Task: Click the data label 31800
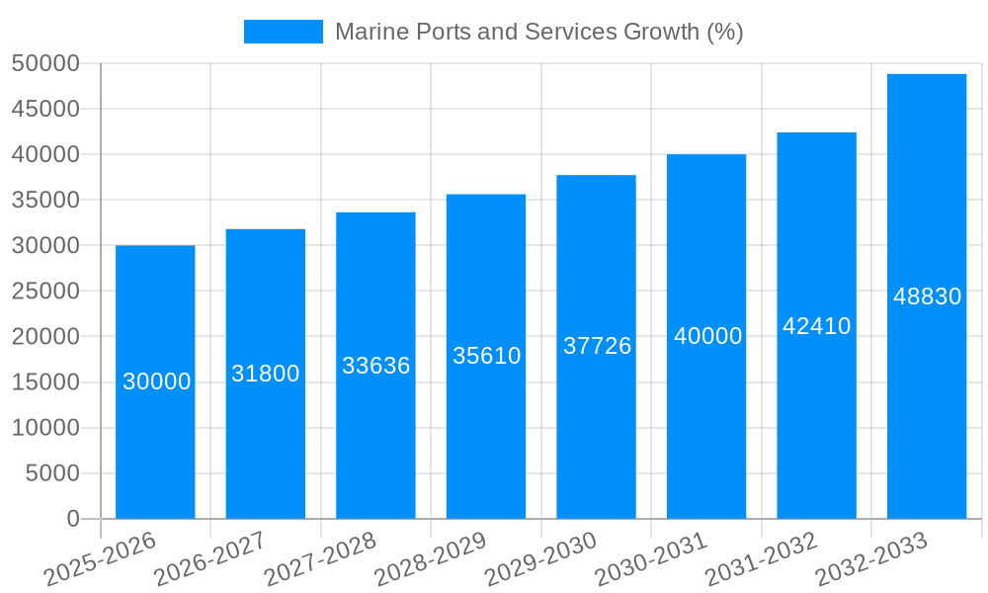(x=266, y=374)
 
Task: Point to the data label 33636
(x=376, y=366)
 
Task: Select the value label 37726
(x=597, y=346)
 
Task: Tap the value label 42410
(x=817, y=326)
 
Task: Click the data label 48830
(x=927, y=296)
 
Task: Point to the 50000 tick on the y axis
(x=45, y=64)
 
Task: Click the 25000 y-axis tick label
(x=45, y=292)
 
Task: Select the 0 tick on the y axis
(x=73, y=519)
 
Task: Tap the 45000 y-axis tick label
(x=45, y=110)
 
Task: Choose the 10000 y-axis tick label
(x=45, y=428)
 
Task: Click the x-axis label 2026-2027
(x=209, y=558)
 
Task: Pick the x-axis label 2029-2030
(x=540, y=558)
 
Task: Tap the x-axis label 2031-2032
(x=761, y=558)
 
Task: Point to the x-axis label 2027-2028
(x=320, y=558)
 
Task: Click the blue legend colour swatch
(x=284, y=32)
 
